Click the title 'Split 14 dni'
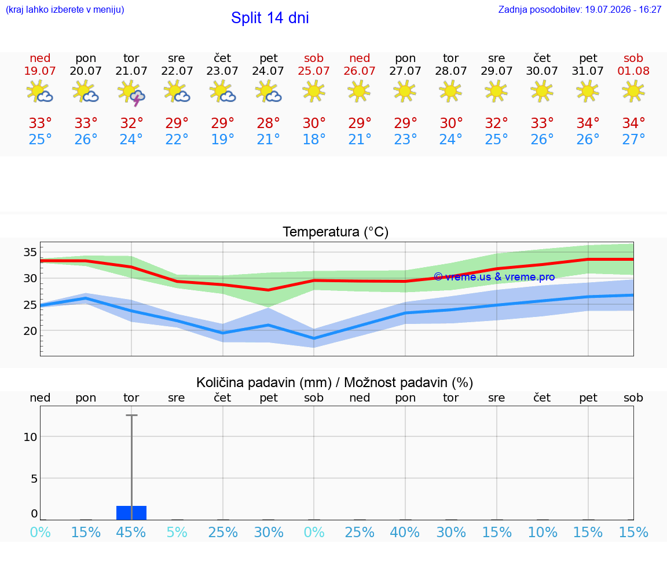(x=270, y=18)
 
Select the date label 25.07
(x=313, y=71)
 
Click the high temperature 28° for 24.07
(x=268, y=123)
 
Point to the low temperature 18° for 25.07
(x=313, y=139)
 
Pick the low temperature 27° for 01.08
(x=633, y=139)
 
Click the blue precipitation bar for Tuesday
(x=131, y=513)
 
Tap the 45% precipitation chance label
(x=131, y=532)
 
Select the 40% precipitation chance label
(x=405, y=532)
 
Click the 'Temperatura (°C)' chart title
(x=336, y=232)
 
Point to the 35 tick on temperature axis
(x=30, y=252)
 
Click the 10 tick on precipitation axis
(x=30, y=437)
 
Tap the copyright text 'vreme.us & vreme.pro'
(x=500, y=277)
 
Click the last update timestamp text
(x=580, y=9)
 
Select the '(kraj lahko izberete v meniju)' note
(x=65, y=9)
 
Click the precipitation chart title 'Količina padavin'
(x=264, y=382)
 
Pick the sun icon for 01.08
(x=633, y=91)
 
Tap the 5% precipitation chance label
(x=177, y=532)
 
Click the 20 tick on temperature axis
(x=30, y=331)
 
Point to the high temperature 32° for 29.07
(x=496, y=123)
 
